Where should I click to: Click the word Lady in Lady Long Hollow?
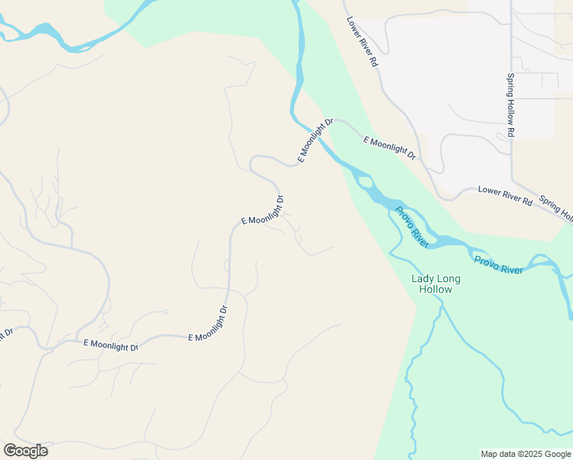[x=424, y=279]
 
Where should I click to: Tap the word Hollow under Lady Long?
[x=434, y=290]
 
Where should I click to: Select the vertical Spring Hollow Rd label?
[x=510, y=106]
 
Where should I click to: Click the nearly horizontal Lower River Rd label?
[x=505, y=195]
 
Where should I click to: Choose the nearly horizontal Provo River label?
[x=498, y=264]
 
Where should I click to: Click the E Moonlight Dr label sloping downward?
[x=389, y=148]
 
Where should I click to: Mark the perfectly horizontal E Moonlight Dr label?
[x=110, y=347]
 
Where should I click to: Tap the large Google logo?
[x=25, y=451]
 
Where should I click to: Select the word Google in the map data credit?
[x=557, y=454]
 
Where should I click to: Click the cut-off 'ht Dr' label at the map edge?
[x=6, y=335]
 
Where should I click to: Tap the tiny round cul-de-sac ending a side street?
[x=165, y=311]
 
